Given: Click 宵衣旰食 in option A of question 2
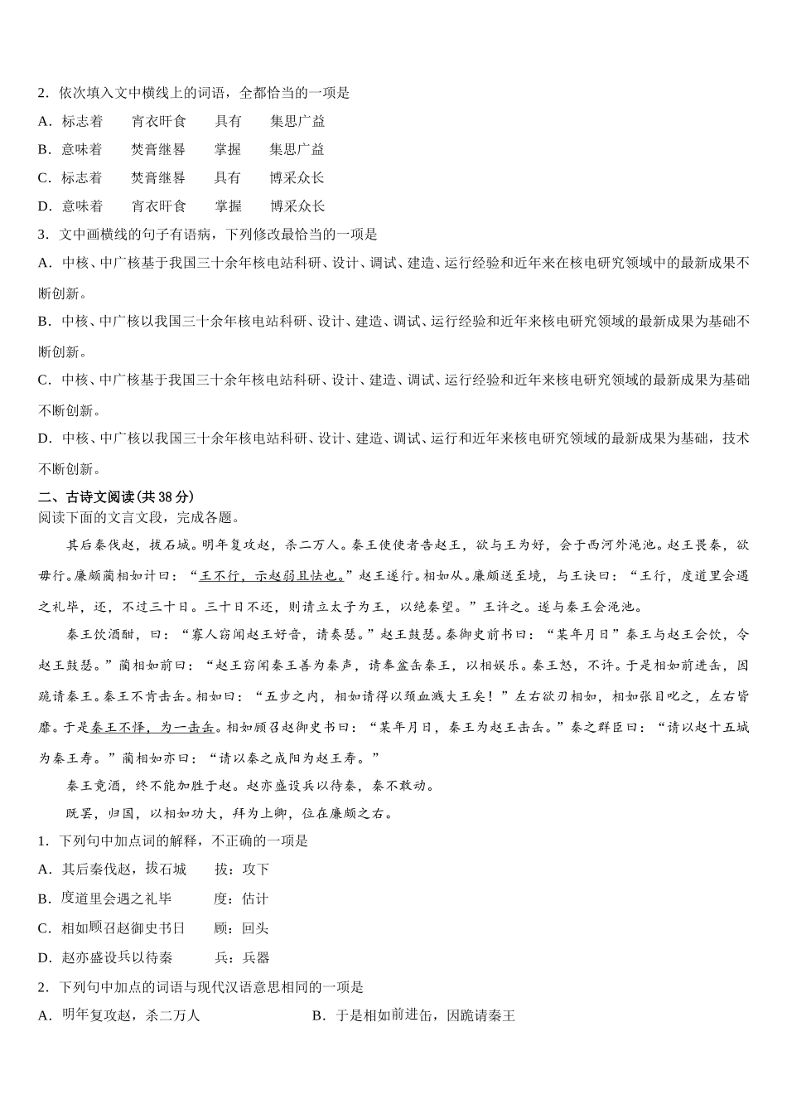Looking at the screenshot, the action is click(x=159, y=121).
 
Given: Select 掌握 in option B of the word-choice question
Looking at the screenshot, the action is click(x=228, y=149).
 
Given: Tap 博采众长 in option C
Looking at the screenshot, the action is click(x=297, y=177).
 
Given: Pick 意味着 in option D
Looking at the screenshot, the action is click(x=82, y=206).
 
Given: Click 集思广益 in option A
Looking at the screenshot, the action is click(x=297, y=121).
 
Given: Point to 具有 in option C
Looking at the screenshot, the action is click(x=228, y=177).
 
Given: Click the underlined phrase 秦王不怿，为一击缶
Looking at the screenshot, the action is click(x=154, y=727).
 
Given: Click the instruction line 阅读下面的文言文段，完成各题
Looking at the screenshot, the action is click(x=138, y=518).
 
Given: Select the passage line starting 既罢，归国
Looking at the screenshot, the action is click(x=229, y=813).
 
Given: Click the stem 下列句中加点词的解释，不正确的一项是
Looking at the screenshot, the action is click(x=183, y=840).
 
